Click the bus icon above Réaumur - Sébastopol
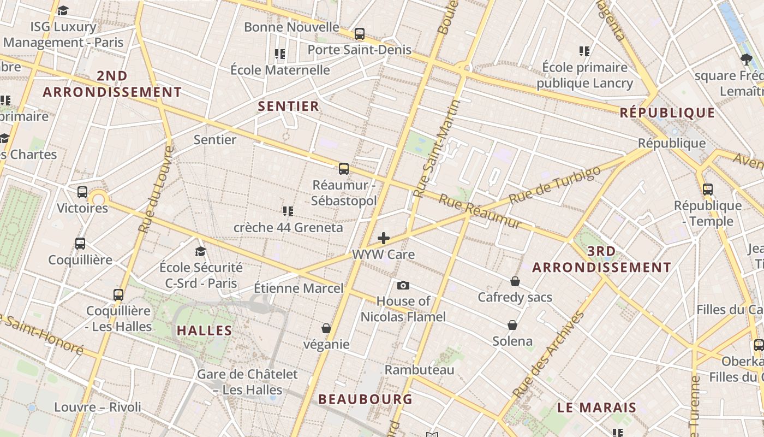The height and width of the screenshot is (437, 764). point(343,168)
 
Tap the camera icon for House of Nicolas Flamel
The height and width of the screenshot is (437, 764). point(403,285)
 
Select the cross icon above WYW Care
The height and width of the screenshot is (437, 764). point(384,238)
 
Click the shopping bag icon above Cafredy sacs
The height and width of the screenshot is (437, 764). point(515,281)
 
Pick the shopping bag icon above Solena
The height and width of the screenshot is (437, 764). point(512,325)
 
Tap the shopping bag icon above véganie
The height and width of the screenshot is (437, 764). point(326,328)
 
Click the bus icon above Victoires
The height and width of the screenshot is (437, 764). point(82,192)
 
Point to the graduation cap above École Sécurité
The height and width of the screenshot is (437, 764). point(201,251)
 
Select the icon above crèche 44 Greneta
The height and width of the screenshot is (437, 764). point(288,211)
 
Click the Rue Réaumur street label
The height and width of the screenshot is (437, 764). point(480,211)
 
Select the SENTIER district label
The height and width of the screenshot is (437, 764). point(288,106)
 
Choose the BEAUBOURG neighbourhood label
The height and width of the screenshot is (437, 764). point(366,399)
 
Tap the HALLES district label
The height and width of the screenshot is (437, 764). point(205,330)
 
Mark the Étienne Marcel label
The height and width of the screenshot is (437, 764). point(299,288)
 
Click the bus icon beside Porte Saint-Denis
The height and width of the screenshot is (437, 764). point(359,34)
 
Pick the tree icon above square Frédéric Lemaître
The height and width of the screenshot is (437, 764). point(746,59)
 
